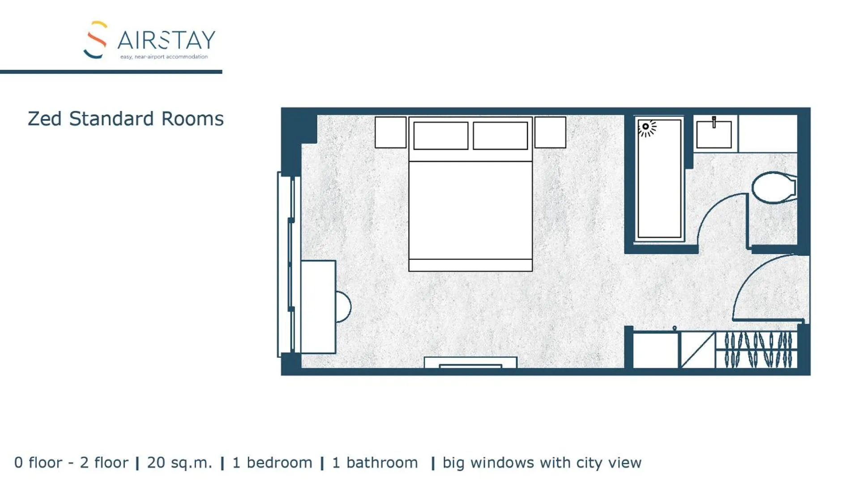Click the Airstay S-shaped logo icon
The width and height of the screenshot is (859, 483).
pyautogui.click(x=95, y=40)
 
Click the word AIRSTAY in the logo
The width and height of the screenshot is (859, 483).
pyautogui.click(x=166, y=41)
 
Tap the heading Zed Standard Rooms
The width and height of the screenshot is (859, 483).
pyautogui.click(x=125, y=119)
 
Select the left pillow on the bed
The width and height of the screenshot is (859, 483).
pyautogui.click(x=440, y=136)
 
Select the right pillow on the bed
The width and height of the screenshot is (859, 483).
pyautogui.click(x=500, y=136)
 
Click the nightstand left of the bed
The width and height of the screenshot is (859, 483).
pyautogui.click(x=390, y=132)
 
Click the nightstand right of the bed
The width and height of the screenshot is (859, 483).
pyautogui.click(x=550, y=132)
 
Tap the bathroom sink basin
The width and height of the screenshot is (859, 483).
pyautogui.click(x=714, y=135)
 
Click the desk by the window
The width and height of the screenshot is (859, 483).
pyautogui.click(x=318, y=307)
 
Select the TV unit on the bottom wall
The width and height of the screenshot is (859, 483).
pyautogui.click(x=470, y=363)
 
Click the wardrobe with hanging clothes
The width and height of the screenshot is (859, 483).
pyautogui.click(x=756, y=350)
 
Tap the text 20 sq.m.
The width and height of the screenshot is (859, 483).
pyautogui.click(x=179, y=463)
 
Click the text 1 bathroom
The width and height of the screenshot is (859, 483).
pyautogui.click(x=375, y=463)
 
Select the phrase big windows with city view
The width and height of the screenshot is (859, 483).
pyautogui.click(x=542, y=463)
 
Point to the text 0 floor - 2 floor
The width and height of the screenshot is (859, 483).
pyautogui.click(x=71, y=463)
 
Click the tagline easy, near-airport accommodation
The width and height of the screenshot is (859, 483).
pyautogui.click(x=164, y=57)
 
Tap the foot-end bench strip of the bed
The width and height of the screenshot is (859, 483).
pyautogui.click(x=470, y=265)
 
